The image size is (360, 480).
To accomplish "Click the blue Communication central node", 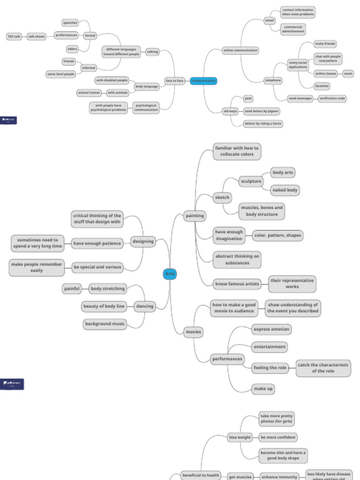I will point(203,81).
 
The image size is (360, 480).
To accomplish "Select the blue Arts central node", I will point(170,274).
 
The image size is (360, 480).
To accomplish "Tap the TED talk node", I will point(14,36).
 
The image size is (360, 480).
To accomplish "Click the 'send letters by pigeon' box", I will point(262,111).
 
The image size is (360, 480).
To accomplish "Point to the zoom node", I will point(348,74).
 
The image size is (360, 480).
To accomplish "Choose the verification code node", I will point(332,98).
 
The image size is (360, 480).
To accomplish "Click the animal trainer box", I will point(89,93).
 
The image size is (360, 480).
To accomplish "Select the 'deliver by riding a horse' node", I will point(263,124).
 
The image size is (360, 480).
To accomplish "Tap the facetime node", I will point(322,86).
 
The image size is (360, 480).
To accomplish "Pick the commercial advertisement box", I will point(293,29).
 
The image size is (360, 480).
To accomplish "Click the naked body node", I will point(285,190).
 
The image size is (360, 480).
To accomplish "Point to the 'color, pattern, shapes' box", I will point(277,235).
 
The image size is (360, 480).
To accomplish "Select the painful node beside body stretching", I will point(72,289).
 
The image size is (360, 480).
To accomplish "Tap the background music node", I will point(105,324).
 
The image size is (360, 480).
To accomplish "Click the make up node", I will point(263,389).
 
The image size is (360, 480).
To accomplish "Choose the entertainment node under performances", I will point(270,347).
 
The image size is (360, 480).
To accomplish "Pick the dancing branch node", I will point(145,307).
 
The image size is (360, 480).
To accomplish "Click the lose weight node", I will point(240,437).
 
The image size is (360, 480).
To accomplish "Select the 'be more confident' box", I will point(278,437).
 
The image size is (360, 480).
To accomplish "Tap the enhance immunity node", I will point(279,477).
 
